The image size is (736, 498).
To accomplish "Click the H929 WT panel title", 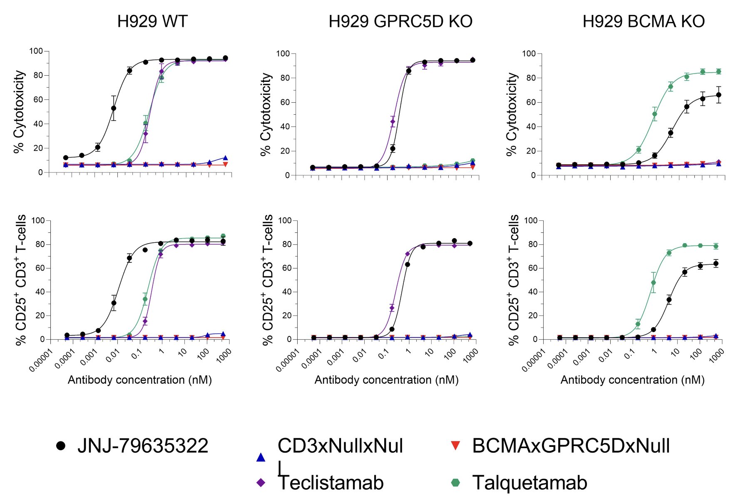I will coord(152,21).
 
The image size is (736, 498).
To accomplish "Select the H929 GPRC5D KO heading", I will coord(400,21).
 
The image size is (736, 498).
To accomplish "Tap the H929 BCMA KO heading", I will coord(643,21).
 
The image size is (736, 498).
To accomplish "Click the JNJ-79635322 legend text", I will coord(142,446).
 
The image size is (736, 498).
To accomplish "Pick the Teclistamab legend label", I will coord(331,483).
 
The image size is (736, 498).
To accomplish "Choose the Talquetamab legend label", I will coord(530,483).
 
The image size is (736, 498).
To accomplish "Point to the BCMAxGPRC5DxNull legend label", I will coord(571,446).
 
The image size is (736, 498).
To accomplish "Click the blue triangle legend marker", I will coord(261,458).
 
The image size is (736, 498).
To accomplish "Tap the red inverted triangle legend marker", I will coord(455,446).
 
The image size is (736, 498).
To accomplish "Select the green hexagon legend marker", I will coord(455,483).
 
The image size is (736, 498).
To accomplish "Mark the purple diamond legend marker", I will coord(261,483).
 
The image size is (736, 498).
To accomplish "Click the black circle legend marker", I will coord(61,446).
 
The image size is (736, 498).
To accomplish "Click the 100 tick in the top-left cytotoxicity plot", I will coord(36,51).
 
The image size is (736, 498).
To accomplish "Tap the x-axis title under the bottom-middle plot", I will coord(386,380).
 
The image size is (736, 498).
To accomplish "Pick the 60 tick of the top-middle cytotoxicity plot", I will coord(285,102).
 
